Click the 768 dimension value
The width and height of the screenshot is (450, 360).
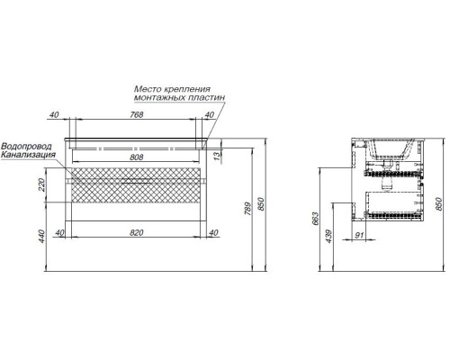pos(137,114)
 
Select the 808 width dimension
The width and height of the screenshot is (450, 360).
pos(137,157)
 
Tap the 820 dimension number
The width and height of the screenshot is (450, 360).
pos(137,232)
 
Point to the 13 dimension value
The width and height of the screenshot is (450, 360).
pos(218,156)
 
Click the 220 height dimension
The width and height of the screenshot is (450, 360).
pos(41,184)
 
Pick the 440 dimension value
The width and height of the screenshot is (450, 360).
pos(41,236)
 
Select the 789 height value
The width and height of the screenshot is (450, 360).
pos(247,209)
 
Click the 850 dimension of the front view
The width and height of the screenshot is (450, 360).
pos(262,204)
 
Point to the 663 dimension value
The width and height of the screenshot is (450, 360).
pos(315,219)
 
